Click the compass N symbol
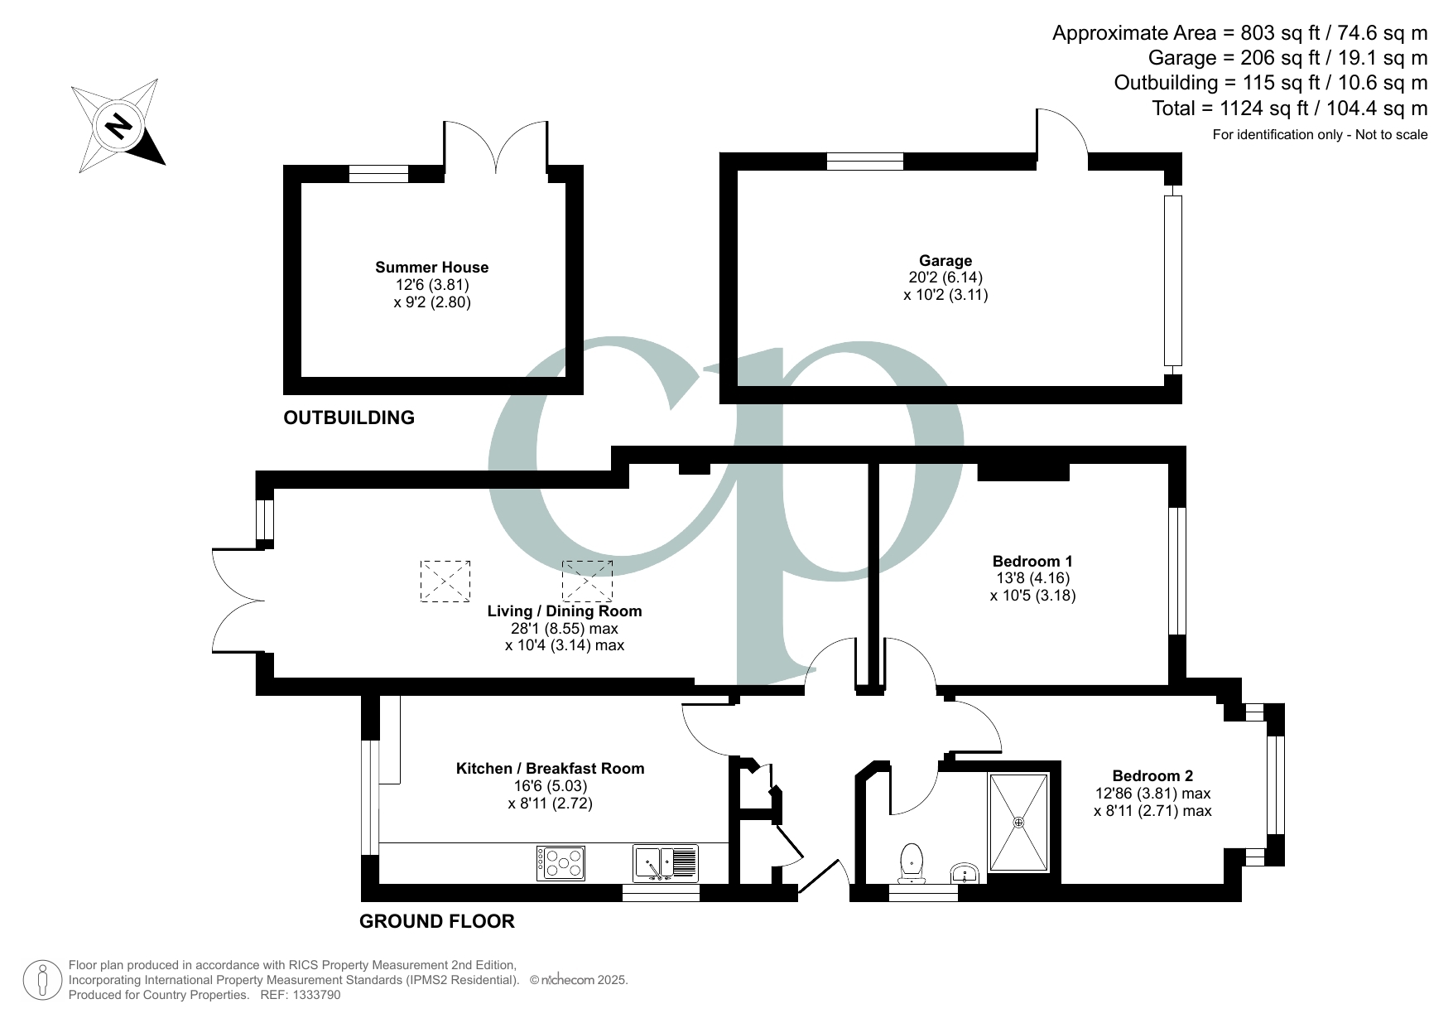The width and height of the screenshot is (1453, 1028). click(119, 126)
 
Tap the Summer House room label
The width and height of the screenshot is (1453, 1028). click(431, 268)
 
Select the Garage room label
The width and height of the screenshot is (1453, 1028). click(945, 261)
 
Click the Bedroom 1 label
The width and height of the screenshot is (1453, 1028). click(1032, 561)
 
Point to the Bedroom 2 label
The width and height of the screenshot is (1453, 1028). click(1152, 776)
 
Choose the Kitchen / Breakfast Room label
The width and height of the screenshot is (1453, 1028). click(550, 769)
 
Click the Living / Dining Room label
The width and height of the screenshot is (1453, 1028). click(564, 611)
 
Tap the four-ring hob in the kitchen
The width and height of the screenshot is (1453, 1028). click(561, 863)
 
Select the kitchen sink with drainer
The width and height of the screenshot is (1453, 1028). click(666, 863)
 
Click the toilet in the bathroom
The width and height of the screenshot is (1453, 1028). click(912, 863)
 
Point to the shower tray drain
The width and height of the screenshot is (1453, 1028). click(1018, 823)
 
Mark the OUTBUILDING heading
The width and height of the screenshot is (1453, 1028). click(349, 418)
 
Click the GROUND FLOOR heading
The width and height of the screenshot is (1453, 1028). click(436, 921)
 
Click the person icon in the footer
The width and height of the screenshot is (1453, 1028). click(43, 980)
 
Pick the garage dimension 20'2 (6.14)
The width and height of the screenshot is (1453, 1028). click(945, 278)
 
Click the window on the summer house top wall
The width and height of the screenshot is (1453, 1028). click(378, 174)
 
